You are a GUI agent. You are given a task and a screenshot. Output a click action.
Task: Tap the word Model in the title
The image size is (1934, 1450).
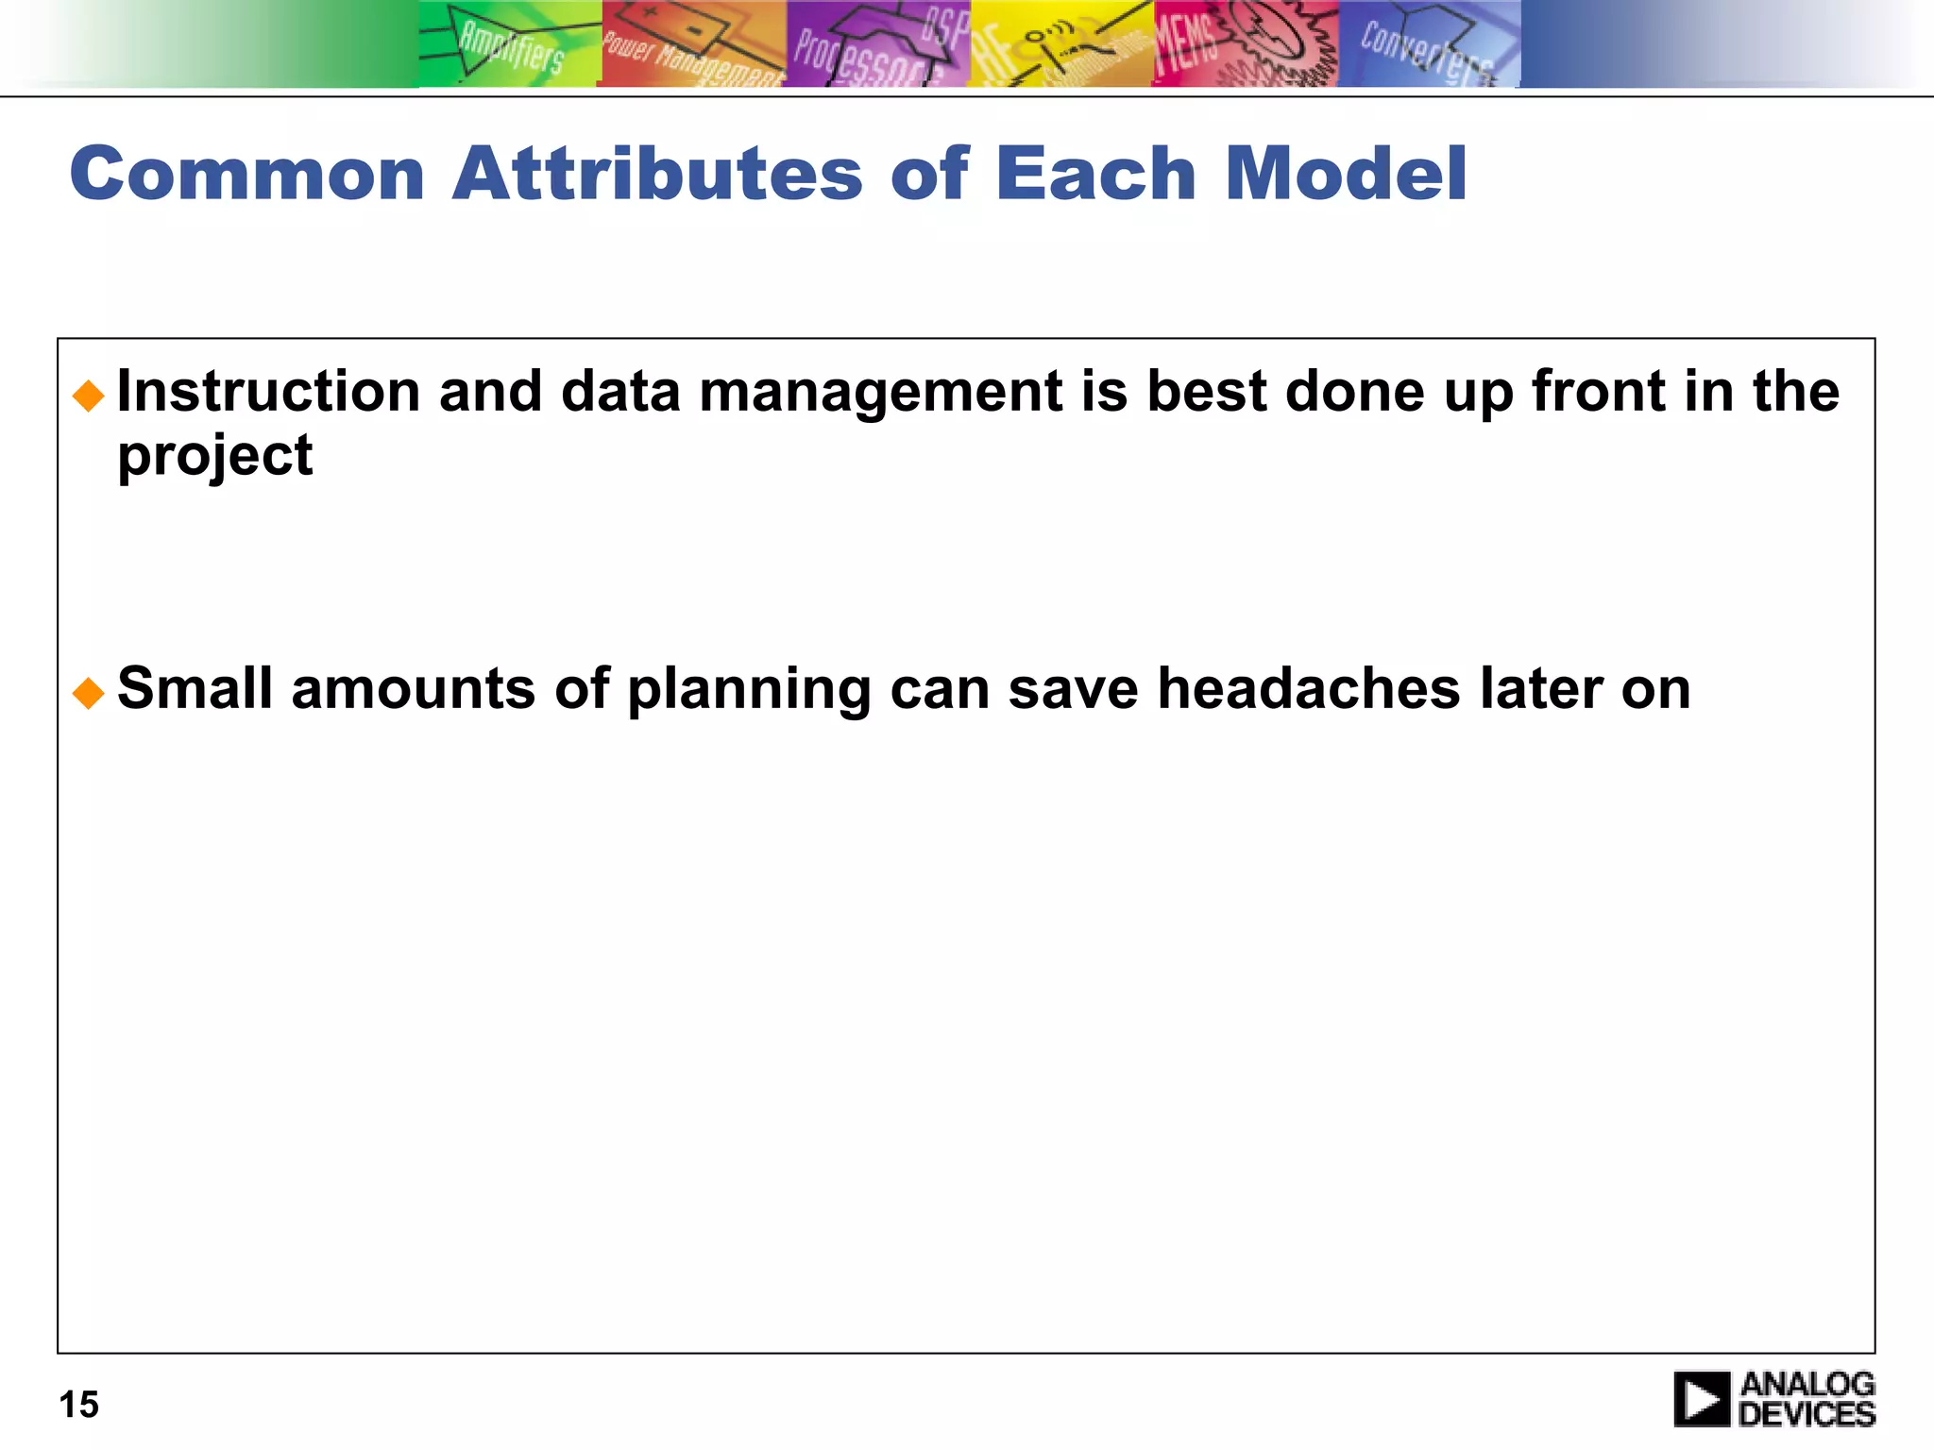pyautogui.click(x=1346, y=175)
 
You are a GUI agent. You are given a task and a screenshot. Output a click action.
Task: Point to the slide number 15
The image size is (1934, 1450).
pyautogui.click(x=79, y=1405)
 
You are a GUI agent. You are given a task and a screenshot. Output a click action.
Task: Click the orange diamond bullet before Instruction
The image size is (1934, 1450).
pyautogui.click(x=89, y=396)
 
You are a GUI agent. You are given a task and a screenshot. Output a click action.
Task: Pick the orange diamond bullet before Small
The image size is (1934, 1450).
pyautogui.click(x=89, y=693)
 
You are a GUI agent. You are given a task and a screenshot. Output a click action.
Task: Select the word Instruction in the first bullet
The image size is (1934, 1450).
pyautogui.click(x=268, y=392)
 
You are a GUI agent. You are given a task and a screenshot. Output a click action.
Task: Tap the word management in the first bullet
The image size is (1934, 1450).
pyautogui.click(x=881, y=392)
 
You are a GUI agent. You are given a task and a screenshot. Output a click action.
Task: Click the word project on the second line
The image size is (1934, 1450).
pyautogui.click(x=214, y=456)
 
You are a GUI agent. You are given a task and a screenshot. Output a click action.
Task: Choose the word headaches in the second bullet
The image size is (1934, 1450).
pyautogui.click(x=1309, y=688)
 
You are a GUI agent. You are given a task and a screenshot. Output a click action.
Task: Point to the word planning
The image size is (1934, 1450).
pyautogui.click(x=749, y=690)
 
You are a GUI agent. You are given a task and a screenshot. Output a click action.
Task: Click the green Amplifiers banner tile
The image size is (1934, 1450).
pyautogui.click(x=510, y=44)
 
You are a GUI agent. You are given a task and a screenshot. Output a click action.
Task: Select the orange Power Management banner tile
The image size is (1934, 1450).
pyautogui.click(x=693, y=44)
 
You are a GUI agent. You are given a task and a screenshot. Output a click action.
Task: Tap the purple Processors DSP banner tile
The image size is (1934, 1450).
pyautogui.click(x=878, y=44)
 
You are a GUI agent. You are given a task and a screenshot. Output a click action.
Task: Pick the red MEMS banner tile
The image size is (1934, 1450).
pyautogui.click(x=1245, y=44)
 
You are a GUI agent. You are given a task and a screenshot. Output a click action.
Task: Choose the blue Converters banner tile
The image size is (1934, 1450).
pyautogui.click(x=1428, y=44)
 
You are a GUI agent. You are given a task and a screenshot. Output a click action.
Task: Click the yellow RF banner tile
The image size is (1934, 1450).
pyautogui.click(x=1061, y=44)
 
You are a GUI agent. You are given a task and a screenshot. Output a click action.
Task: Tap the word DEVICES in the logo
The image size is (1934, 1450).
pyautogui.click(x=1807, y=1414)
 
